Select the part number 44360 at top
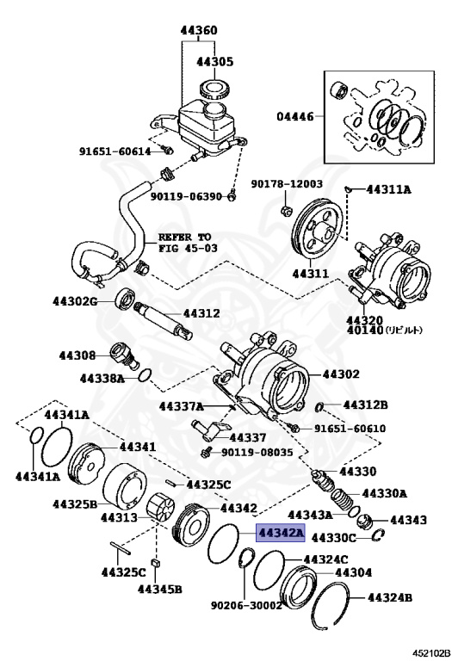tap(198, 31)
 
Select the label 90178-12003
tap(287, 184)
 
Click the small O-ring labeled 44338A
tap(147, 374)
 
